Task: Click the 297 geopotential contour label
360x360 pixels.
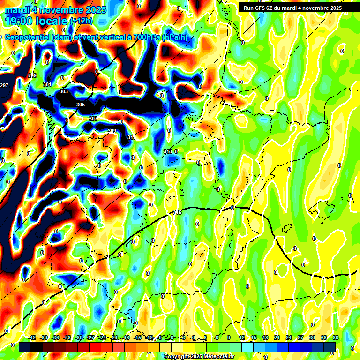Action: point(4,85)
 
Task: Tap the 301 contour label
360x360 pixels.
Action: point(47,84)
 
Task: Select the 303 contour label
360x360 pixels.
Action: point(64,91)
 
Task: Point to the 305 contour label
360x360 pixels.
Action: point(81,105)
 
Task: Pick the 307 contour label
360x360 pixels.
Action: point(93,119)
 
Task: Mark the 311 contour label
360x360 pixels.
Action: point(131,137)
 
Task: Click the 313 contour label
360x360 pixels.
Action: point(168,151)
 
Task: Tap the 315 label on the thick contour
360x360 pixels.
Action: point(177,213)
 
